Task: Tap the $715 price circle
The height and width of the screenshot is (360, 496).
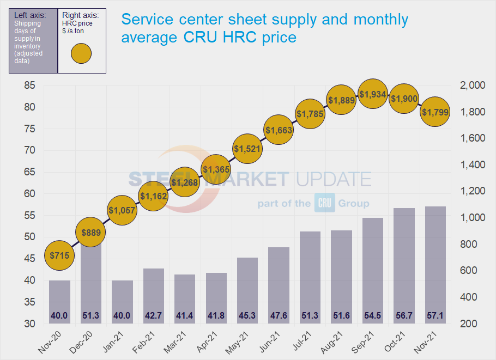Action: (59, 255)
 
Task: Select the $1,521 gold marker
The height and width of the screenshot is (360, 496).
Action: (247, 148)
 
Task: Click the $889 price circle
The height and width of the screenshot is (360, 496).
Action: (91, 233)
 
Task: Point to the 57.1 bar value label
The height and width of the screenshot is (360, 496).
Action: (435, 315)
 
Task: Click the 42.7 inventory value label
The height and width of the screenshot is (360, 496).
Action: (154, 315)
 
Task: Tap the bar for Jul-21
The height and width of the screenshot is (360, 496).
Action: (310, 277)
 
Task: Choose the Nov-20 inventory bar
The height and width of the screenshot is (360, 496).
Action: (59, 302)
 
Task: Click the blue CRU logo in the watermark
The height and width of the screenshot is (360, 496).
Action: (325, 203)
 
